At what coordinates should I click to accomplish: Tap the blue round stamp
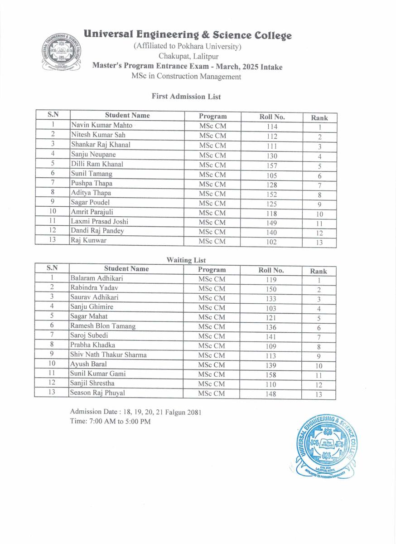pos(324,446)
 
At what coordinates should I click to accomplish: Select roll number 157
pos(272,165)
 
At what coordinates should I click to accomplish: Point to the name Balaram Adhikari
pos(97,278)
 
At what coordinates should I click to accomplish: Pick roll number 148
pos(271,394)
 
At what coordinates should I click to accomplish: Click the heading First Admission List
pos(186,97)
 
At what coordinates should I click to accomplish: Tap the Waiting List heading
pos(186,260)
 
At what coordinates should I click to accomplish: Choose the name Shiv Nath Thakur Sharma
pos(108,355)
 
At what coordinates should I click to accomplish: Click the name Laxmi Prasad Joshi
pos(100,222)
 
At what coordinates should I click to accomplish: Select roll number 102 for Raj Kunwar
pos(272,242)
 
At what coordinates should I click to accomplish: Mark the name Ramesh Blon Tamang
pos(103,326)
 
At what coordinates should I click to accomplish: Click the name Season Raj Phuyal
pos(97,393)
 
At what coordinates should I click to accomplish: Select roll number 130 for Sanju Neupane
pos(272,155)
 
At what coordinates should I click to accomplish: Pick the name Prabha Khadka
pos(93,345)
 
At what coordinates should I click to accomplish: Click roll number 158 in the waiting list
pos(271,375)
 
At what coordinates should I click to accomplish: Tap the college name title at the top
pos(188,35)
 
